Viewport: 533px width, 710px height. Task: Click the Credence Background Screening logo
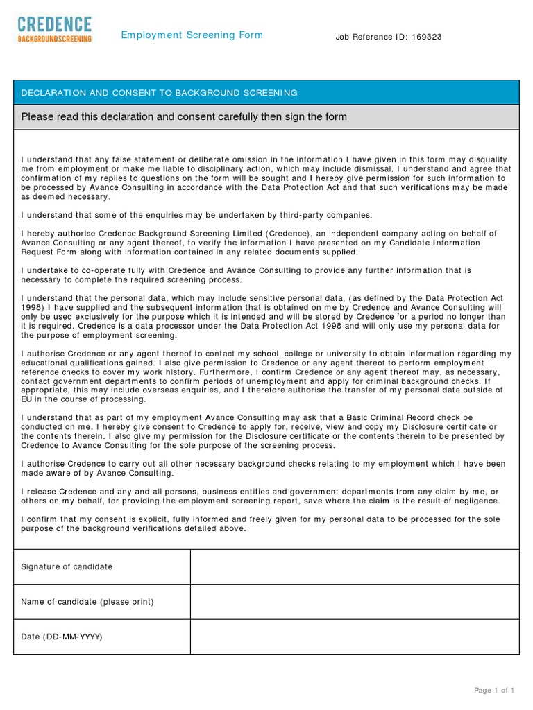click(55, 31)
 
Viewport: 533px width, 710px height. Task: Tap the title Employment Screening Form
click(192, 35)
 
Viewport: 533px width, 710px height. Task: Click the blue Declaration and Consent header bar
click(266, 92)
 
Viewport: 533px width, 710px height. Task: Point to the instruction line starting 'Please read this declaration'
click(184, 117)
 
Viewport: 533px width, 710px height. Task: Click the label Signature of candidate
click(67, 566)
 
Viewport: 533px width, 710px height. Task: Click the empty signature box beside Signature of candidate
click(355, 566)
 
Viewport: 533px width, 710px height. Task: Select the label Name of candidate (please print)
click(87, 601)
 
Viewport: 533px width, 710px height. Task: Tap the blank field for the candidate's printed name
click(355, 601)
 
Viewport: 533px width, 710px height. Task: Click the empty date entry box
click(355, 637)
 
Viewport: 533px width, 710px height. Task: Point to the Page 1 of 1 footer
click(494, 690)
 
